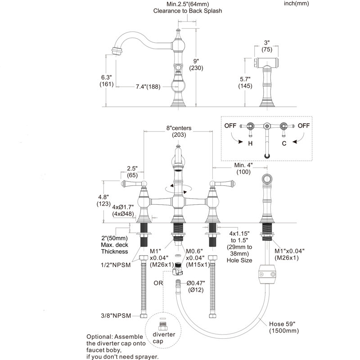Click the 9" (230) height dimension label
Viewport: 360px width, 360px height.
pyautogui.click(x=196, y=64)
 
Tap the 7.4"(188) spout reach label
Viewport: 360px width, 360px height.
pyautogui.click(x=148, y=87)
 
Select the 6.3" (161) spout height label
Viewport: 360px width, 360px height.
pyautogui.click(x=107, y=81)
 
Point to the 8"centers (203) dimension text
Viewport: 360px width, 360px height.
pyautogui.click(x=179, y=131)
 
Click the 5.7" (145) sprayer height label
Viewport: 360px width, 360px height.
pyautogui.click(x=245, y=83)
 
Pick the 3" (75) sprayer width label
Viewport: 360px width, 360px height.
pyautogui.click(x=267, y=46)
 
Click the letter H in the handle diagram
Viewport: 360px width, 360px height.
pyautogui.click(x=250, y=144)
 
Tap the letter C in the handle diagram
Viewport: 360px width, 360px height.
pyautogui.click(x=284, y=144)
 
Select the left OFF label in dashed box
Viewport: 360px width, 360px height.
pyautogui.click(x=230, y=126)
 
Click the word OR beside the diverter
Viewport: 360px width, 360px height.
pyautogui.click(x=158, y=283)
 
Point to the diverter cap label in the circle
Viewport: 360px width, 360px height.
pyautogui.click(x=164, y=338)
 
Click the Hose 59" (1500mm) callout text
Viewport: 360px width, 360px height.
pyautogui.click(x=284, y=328)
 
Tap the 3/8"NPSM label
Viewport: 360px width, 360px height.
pyautogui.click(x=116, y=316)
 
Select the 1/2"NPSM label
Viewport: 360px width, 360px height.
pyautogui.click(x=116, y=265)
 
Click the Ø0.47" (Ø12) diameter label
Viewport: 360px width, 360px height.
pyautogui.click(x=196, y=287)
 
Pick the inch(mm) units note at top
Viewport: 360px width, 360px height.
pyautogui.click(x=297, y=4)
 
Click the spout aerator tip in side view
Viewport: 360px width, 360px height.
pyautogui.click(x=117, y=51)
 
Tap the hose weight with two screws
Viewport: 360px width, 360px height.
pyautogui.click(x=267, y=274)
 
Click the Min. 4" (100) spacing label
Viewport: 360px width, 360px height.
pyautogui.click(x=243, y=168)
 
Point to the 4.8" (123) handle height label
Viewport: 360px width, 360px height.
pyautogui.click(x=103, y=200)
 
